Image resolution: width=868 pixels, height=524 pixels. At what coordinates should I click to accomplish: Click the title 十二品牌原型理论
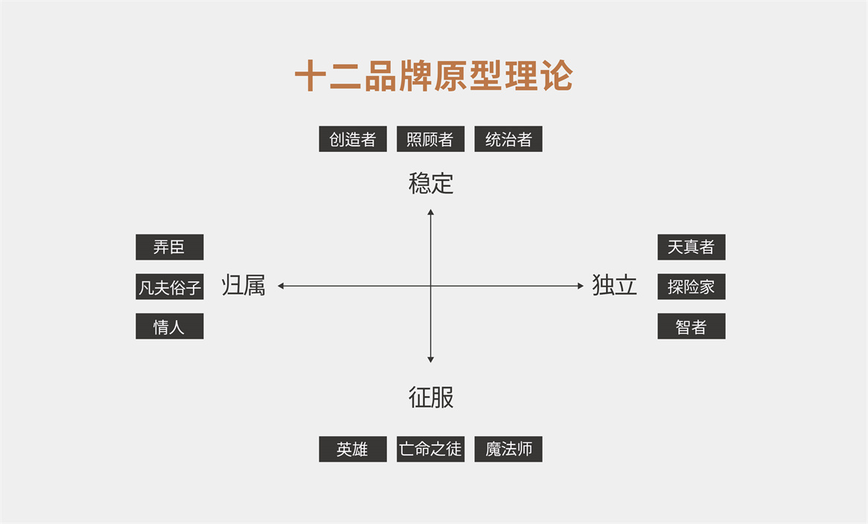(x=433, y=76)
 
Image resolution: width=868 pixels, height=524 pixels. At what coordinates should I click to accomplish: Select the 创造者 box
(x=353, y=139)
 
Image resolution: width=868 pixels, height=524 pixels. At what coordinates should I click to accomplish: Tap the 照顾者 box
(x=430, y=139)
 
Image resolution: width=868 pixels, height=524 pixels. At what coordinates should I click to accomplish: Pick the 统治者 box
(x=508, y=139)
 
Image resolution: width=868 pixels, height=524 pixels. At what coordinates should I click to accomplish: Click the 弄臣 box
(x=169, y=247)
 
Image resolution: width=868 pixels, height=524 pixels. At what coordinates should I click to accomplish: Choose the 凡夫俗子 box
(x=169, y=287)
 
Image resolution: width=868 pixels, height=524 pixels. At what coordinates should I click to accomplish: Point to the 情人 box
(x=169, y=326)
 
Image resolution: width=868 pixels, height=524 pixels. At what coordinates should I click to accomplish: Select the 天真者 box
(x=691, y=247)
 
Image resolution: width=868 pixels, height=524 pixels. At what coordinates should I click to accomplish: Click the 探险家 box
(x=691, y=287)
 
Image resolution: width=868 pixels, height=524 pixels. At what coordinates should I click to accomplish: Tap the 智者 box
(x=691, y=326)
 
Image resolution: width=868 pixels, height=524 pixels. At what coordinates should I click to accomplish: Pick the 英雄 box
(x=353, y=449)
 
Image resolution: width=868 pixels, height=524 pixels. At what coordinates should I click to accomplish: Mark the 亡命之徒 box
(x=430, y=449)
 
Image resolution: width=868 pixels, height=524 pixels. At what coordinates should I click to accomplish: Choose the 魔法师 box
(x=508, y=449)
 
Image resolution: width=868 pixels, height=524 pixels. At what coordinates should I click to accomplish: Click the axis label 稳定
(x=431, y=183)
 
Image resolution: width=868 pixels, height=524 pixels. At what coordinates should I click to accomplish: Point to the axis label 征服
(x=431, y=397)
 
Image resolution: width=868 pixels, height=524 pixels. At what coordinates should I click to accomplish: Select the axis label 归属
(x=243, y=285)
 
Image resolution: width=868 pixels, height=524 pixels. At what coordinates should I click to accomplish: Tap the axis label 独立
(x=615, y=285)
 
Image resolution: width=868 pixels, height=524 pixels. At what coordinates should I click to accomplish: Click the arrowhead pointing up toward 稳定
(x=430, y=213)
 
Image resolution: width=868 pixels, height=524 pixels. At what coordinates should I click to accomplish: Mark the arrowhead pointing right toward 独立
(x=581, y=286)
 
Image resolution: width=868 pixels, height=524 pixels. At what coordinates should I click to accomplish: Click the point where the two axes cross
(x=430, y=286)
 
